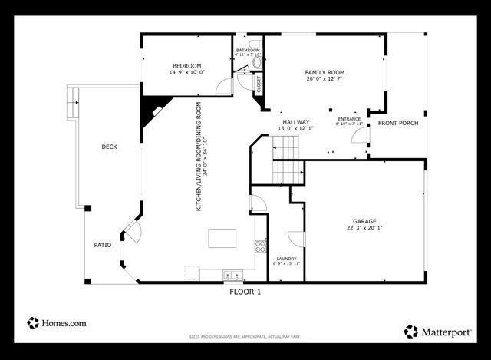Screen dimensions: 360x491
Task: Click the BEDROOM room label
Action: [186, 65]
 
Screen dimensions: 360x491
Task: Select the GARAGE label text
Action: [364, 221]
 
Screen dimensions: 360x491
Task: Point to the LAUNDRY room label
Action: [286, 259]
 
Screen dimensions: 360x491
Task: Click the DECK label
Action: [109, 147]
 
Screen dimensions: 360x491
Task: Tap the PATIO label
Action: [102, 245]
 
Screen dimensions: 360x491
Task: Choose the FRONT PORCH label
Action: [396, 123]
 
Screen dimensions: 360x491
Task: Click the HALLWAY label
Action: [295, 122]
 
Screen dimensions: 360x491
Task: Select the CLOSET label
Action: [258, 82]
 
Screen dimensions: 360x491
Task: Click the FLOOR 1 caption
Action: [245, 292]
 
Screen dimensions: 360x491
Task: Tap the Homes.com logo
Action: [57, 323]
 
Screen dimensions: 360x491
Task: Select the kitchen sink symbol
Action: [232, 274]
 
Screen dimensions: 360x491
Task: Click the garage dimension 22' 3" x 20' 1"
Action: [364, 228]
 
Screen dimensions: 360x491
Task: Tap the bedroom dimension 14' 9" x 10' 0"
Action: [186, 72]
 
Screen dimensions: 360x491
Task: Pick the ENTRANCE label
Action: [349, 119]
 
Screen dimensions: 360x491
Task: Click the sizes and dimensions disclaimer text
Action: [245, 336]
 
